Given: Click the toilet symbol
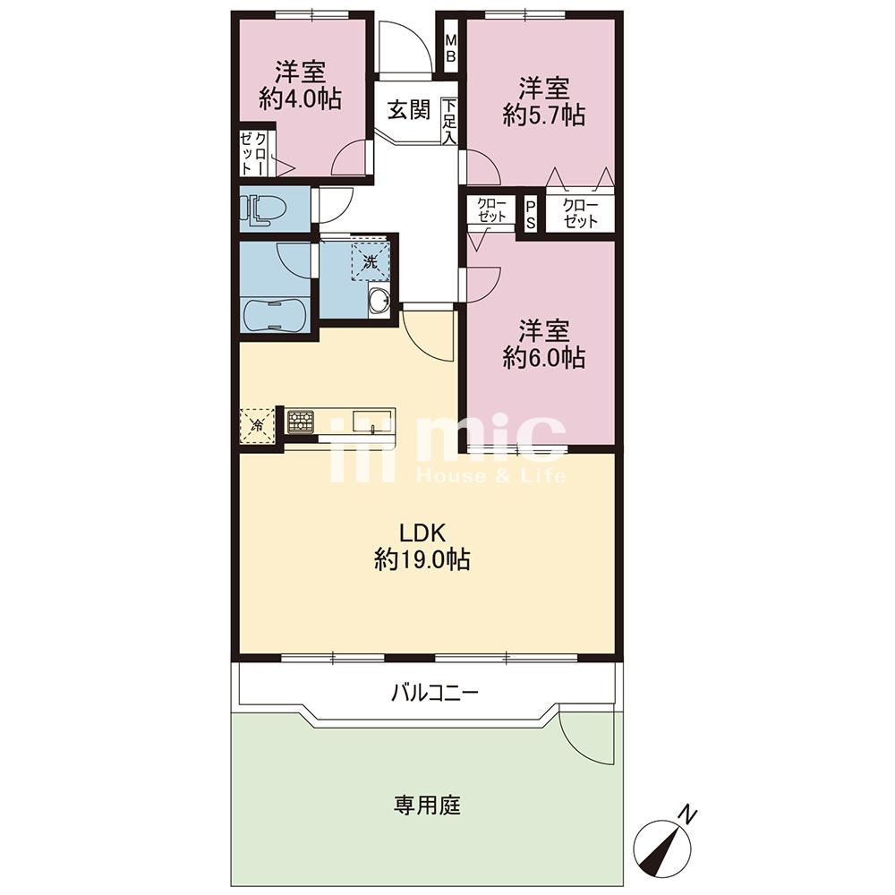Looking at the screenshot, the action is (x=260, y=209).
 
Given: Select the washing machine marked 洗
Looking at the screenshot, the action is (x=371, y=262).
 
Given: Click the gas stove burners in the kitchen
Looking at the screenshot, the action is (x=300, y=422).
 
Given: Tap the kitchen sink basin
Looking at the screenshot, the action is (x=371, y=422).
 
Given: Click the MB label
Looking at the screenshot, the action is (x=451, y=48).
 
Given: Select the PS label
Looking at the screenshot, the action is (x=531, y=214).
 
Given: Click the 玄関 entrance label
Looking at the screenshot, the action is (x=409, y=110).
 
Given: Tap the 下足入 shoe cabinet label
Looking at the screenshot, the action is (x=450, y=122).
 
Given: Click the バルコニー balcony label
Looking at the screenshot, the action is (x=435, y=694).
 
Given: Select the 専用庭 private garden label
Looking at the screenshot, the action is (x=428, y=806).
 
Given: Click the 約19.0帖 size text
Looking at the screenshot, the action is (x=422, y=560).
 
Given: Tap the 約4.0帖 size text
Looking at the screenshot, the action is (x=301, y=99).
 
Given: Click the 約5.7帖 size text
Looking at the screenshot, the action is (x=544, y=115).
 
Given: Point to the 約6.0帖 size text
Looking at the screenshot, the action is (x=544, y=358).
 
